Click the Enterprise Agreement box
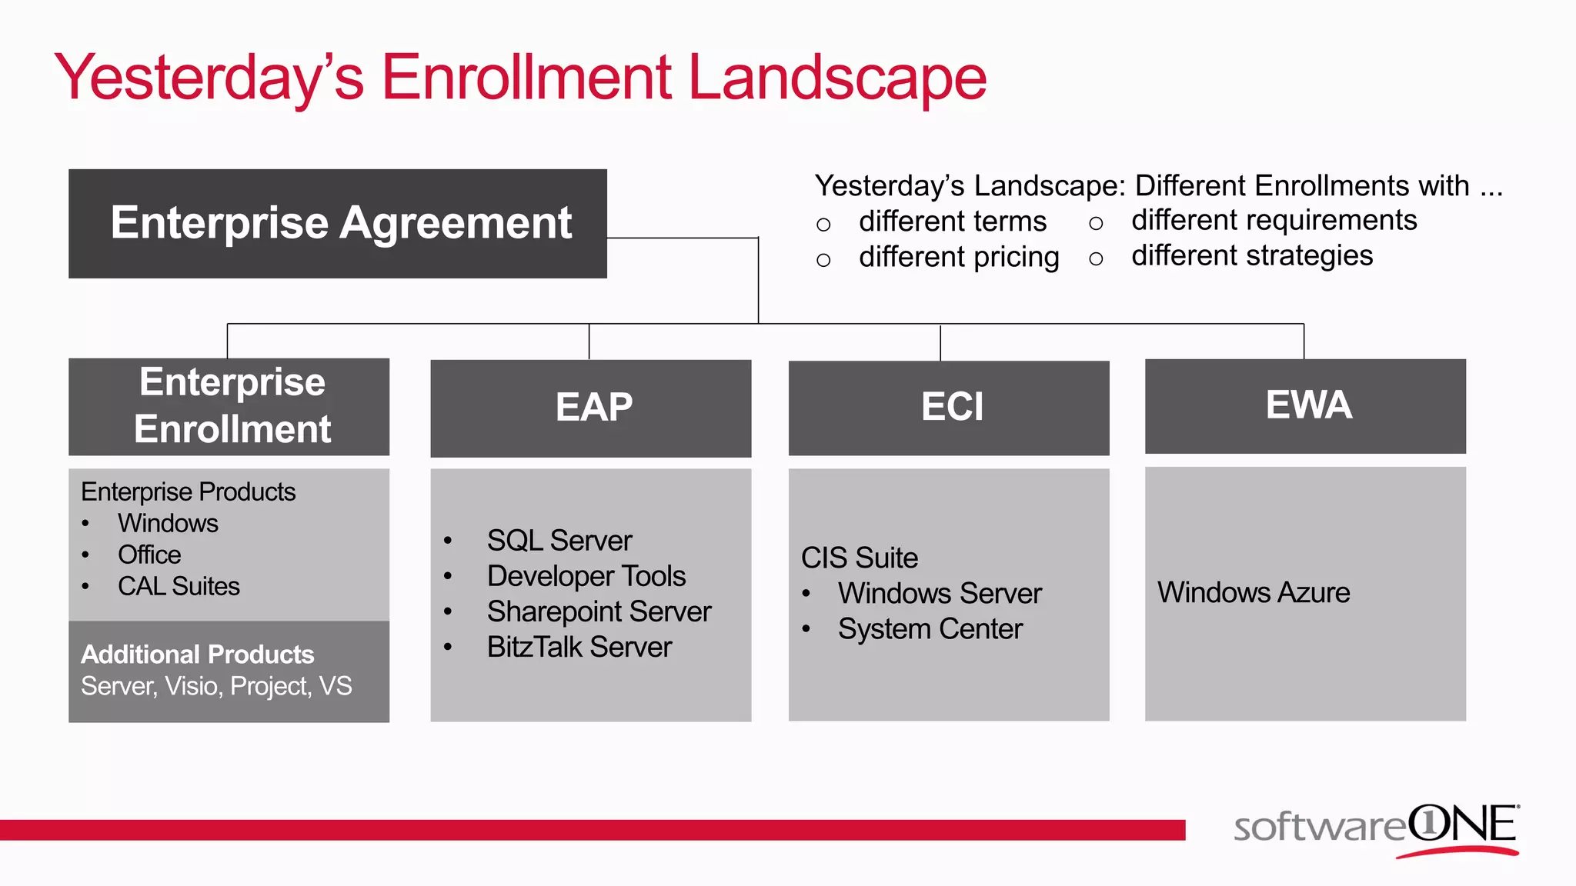(337, 224)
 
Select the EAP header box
(590, 408)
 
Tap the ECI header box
(948, 408)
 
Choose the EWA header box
(1305, 405)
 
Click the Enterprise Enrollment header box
(229, 406)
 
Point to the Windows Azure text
(1254, 593)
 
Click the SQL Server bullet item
(559, 541)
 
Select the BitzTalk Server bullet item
(579, 648)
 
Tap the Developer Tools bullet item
(586, 576)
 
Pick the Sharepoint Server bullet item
(599, 612)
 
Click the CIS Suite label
(860, 558)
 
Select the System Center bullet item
(930, 629)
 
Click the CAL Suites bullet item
(179, 587)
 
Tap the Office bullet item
(149, 555)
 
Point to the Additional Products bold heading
(198, 655)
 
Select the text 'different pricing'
(959, 257)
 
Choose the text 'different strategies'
(1252, 255)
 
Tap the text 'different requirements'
(1274, 221)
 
